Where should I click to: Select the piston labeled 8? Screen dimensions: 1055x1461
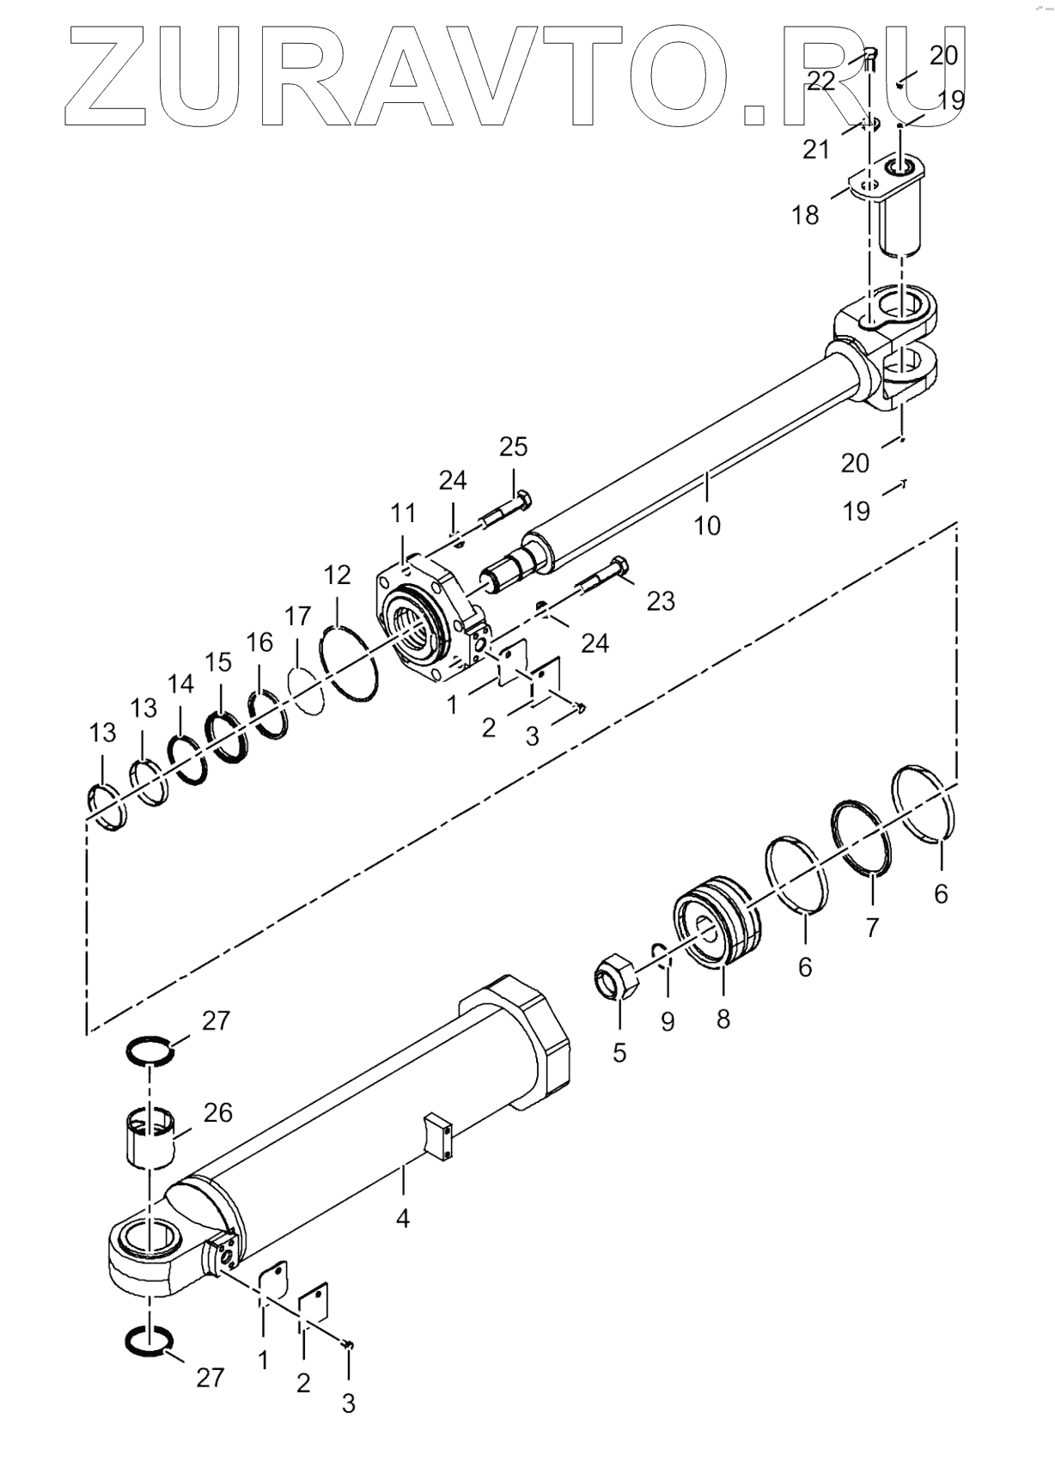click(717, 920)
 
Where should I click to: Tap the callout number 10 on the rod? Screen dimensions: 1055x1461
click(706, 525)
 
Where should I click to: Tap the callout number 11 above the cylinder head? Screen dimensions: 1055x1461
click(403, 514)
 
